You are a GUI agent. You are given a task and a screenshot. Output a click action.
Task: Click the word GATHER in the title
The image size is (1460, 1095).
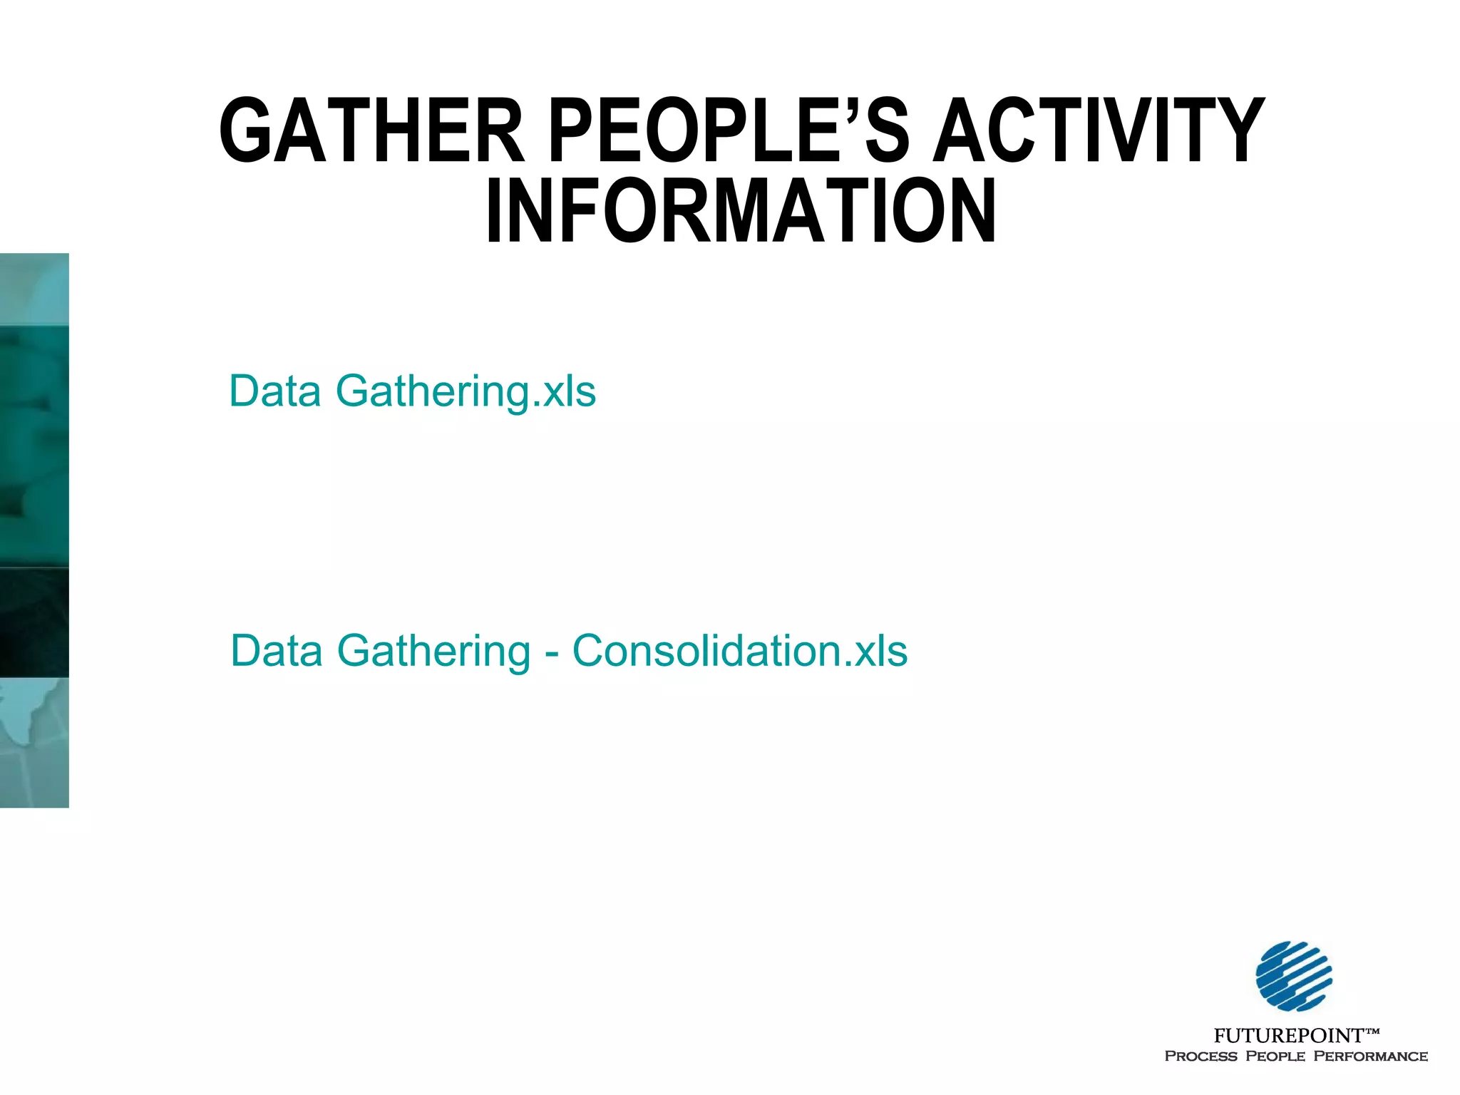(372, 131)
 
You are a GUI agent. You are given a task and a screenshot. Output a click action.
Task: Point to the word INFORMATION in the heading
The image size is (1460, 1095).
(741, 212)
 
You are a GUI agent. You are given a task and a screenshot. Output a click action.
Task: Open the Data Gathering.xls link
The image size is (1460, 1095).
(412, 391)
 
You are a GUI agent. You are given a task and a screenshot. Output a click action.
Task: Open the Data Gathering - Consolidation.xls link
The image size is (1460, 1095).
(569, 651)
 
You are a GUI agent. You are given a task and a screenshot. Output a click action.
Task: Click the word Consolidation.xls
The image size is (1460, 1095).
(740, 651)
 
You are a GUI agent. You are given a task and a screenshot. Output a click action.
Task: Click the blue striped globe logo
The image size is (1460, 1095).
(1294, 976)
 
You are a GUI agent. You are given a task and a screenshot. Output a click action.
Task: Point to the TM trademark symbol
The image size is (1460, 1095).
(1372, 1031)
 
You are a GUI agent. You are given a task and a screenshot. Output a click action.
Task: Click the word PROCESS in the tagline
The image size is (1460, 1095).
(1201, 1057)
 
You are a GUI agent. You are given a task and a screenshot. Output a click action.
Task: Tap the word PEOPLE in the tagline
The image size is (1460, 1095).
(1275, 1057)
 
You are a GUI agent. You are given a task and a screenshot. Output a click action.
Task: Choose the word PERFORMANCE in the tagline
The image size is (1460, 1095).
(1370, 1057)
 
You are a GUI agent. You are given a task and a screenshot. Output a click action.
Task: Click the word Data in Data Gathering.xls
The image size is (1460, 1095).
(274, 391)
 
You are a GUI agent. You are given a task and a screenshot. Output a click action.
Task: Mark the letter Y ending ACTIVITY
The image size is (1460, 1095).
(1240, 131)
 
